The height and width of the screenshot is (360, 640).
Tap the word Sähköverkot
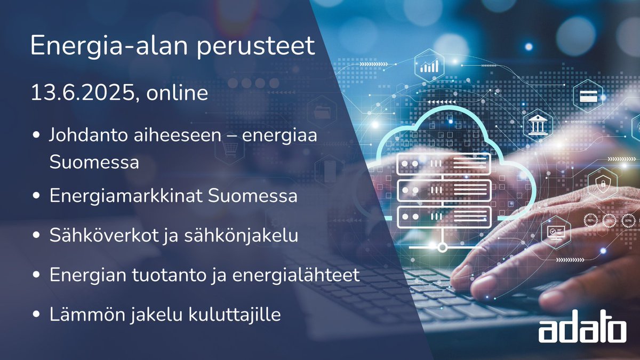103,235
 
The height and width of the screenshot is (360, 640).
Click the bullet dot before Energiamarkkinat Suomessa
36,196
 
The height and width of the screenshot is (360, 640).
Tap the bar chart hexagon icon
430,66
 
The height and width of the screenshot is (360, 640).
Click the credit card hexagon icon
588,96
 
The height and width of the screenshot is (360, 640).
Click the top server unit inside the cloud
443,163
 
